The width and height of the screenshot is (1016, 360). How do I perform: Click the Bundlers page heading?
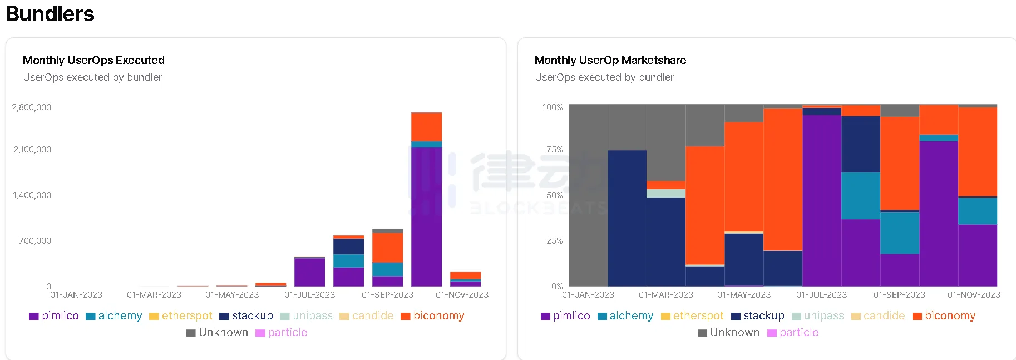50,13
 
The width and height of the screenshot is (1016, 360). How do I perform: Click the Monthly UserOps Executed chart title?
93,60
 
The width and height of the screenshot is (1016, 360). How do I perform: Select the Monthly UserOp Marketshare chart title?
610,60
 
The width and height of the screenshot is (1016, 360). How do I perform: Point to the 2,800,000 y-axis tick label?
32,107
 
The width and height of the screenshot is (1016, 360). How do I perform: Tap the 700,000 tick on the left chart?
35,241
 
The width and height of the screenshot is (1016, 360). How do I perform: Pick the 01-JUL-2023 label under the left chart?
309,295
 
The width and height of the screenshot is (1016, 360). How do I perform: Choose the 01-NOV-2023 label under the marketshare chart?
974,295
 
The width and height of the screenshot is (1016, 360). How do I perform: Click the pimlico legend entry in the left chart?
55,316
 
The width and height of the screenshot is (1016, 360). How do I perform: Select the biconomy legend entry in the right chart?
944,316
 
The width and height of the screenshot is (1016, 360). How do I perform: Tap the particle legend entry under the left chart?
282,333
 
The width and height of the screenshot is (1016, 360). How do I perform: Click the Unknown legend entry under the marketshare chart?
729,333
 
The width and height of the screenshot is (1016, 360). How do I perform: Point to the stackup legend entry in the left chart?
246,316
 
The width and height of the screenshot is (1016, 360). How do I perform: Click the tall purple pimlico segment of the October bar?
426,217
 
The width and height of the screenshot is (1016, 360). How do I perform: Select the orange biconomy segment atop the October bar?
426,127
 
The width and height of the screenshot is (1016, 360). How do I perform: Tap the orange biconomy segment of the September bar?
387,247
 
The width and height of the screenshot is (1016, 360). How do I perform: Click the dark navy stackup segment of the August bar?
348,246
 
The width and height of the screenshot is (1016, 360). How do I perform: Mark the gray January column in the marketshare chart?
588,195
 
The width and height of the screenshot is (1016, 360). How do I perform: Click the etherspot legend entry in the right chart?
692,316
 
